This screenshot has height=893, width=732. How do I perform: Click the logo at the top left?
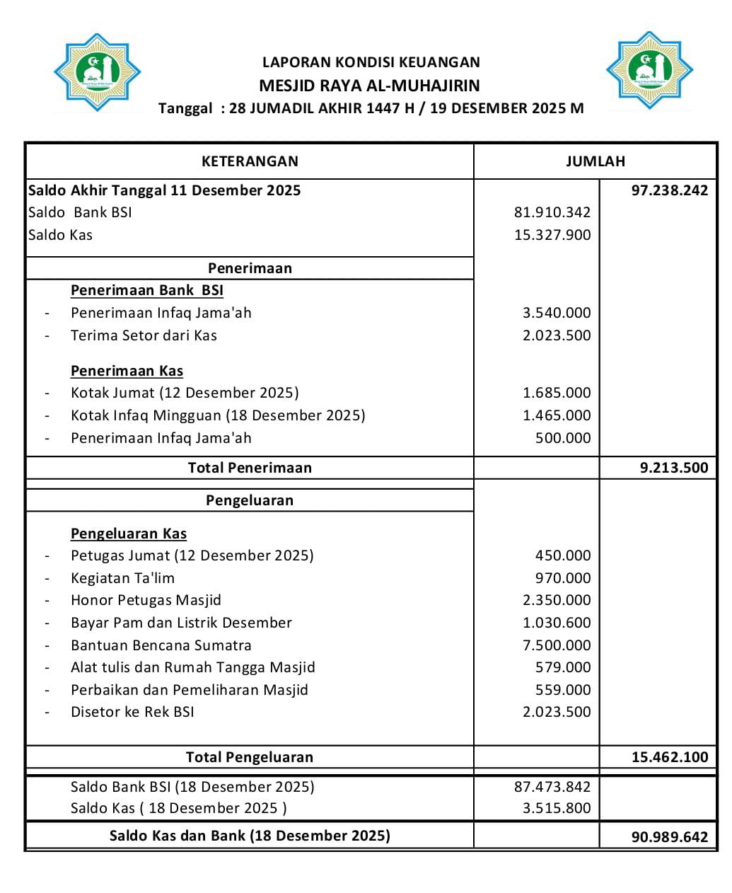98,72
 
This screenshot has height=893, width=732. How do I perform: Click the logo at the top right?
649,70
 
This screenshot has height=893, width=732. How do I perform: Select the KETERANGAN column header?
250,161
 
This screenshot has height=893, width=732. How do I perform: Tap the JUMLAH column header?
595,161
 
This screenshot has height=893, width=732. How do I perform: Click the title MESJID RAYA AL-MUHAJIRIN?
369,86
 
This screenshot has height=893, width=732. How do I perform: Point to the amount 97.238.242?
669,190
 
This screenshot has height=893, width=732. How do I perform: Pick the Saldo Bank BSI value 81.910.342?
552,212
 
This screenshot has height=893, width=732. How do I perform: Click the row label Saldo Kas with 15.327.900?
61,235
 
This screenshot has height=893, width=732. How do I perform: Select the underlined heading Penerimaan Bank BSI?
147,290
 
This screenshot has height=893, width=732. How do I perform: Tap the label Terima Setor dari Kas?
144,335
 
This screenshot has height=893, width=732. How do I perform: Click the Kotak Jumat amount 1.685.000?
556,393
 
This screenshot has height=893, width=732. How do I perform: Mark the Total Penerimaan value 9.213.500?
673,468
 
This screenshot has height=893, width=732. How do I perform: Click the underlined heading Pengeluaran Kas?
129,534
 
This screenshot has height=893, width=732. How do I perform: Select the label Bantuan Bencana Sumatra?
161,645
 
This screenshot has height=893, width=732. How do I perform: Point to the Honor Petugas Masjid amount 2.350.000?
556,600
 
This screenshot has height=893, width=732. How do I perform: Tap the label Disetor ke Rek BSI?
132,712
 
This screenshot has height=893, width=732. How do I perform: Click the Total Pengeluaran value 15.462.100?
669,757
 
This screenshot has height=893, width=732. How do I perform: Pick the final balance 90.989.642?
669,837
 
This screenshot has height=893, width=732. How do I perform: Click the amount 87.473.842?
552,787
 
